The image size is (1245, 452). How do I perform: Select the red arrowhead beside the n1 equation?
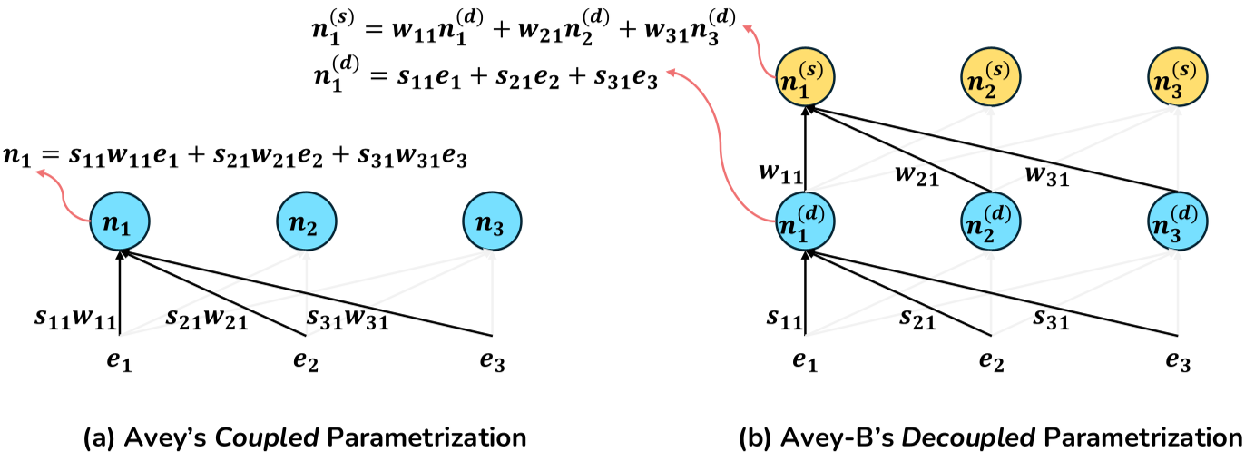point(41,181)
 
